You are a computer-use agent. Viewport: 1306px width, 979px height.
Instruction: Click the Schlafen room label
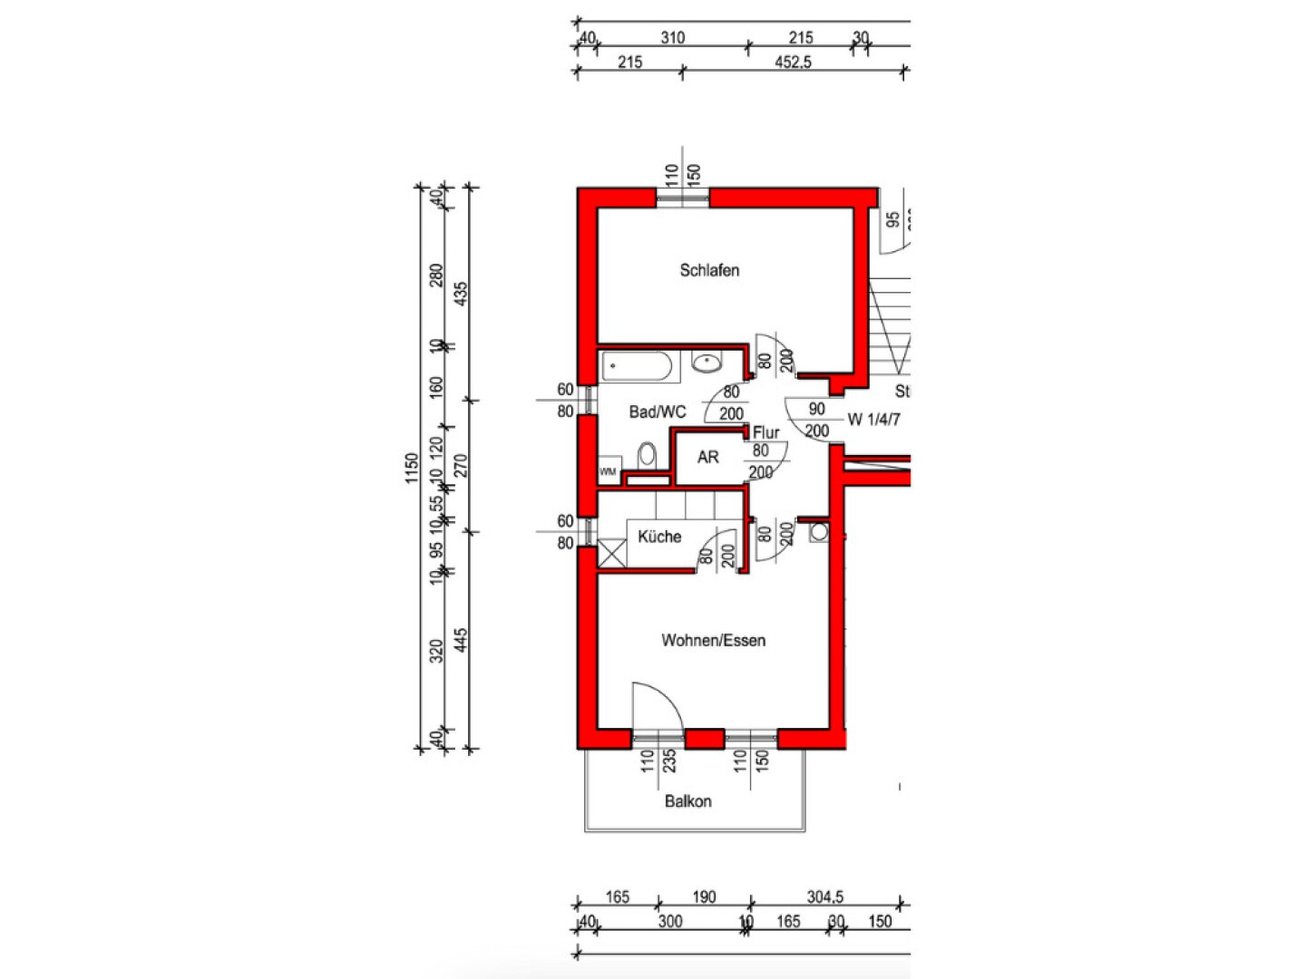pos(709,270)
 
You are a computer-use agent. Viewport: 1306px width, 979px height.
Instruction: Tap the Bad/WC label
pos(658,412)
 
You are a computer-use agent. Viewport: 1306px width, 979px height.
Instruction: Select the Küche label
pos(659,536)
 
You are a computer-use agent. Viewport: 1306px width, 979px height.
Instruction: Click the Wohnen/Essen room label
pos(713,640)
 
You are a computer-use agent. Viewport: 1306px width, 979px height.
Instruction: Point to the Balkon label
pos(687,801)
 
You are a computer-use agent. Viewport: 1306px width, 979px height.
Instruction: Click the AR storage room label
pos(707,458)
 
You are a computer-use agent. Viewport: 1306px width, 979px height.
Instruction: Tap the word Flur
pos(765,432)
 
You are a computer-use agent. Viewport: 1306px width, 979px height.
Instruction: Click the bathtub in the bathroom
pos(638,367)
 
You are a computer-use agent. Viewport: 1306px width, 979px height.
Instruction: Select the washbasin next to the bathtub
pos(707,363)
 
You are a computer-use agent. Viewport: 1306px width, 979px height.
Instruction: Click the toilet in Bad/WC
pos(647,453)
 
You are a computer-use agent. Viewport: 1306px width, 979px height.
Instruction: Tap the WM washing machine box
pos(609,472)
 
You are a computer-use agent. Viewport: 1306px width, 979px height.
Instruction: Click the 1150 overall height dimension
pos(412,468)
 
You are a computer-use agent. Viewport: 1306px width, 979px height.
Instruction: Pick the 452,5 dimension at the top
pos(793,62)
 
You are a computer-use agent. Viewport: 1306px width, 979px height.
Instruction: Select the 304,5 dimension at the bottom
pos(824,897)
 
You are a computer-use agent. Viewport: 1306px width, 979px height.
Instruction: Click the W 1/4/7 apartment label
pos(873,420)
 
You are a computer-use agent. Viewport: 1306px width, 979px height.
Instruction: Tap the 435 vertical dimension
pos(461,293)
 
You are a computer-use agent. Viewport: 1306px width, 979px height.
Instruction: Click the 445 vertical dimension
pos(461,641)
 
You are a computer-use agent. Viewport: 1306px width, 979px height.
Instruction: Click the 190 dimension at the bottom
pos(704,897)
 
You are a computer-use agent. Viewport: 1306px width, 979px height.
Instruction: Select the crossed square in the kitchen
pos(612,553)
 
